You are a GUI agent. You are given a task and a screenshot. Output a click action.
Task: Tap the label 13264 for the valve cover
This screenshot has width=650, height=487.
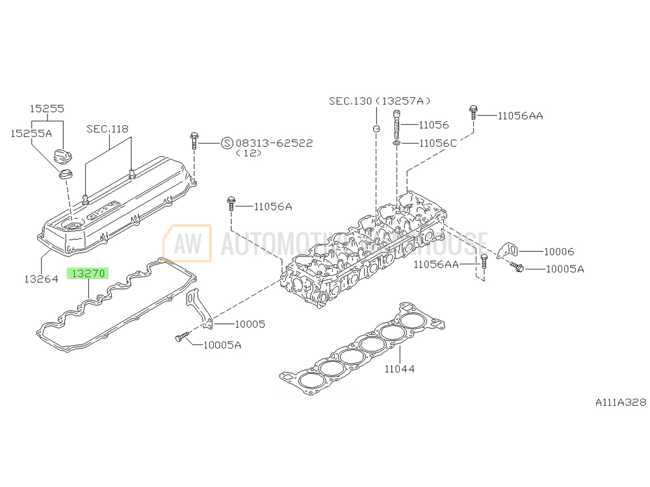[42, 279]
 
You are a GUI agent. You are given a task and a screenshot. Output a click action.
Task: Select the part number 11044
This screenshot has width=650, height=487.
[399, 369]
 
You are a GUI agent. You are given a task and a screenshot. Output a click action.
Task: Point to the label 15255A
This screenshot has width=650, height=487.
[31, 133]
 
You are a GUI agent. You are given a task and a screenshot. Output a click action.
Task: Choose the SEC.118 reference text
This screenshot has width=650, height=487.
[107, 129]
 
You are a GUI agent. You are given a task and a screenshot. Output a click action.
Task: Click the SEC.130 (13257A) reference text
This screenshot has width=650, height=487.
[380, 101]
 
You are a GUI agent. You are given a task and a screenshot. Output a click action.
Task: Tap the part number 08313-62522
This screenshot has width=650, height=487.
[274, 142]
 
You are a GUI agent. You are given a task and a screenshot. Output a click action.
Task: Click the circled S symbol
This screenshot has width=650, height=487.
[227, 143]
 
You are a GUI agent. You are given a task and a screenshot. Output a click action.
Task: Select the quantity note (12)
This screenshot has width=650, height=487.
[248, 153]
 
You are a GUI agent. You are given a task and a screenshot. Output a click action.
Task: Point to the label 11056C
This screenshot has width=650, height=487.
[437, 142]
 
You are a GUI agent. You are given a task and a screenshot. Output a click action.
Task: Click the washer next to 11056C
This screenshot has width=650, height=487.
[396, 142]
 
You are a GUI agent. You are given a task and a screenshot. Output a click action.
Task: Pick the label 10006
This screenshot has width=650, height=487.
[559, 251]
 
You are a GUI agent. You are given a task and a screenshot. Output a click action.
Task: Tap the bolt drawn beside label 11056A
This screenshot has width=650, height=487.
[230, 204]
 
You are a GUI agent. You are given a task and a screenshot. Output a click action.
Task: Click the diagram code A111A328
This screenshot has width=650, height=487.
[621, 403]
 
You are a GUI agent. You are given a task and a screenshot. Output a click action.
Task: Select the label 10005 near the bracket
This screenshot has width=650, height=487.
[250, 323]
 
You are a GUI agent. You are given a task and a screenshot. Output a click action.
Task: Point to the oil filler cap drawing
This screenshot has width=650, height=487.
[63, 156]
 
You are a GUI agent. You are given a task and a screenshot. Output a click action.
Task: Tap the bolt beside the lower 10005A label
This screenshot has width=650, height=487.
[181, 336]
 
